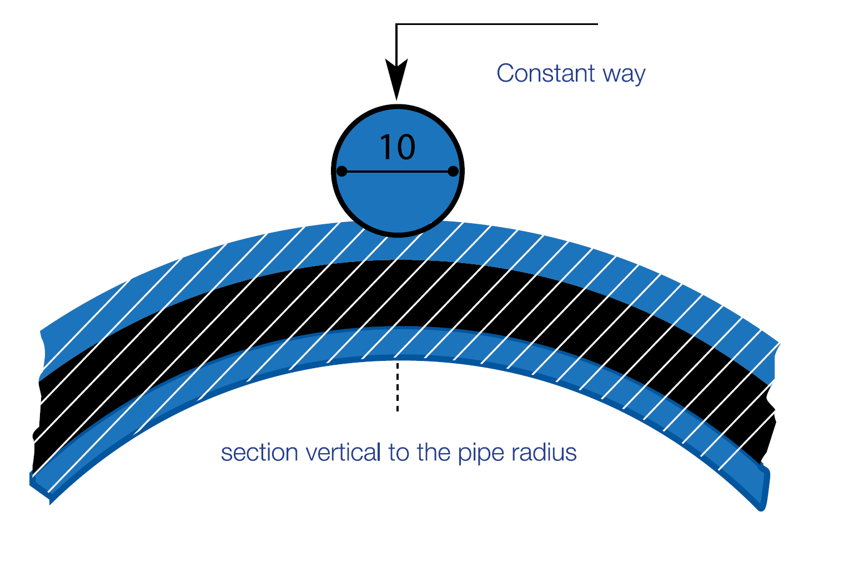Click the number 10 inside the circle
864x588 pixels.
(x=397, y=147)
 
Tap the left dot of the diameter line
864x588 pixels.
(x=342, y=171)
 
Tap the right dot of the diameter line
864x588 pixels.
(x=453, y=171)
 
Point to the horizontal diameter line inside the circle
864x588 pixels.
(x=398, y=172)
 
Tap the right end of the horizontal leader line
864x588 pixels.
(x=597, y=24)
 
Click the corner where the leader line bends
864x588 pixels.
(x=396, y=24)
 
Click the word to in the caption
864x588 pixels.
(x=399, y=453)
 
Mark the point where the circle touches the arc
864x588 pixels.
(x=398, y=235)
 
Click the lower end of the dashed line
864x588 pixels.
(x=398, y=410)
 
